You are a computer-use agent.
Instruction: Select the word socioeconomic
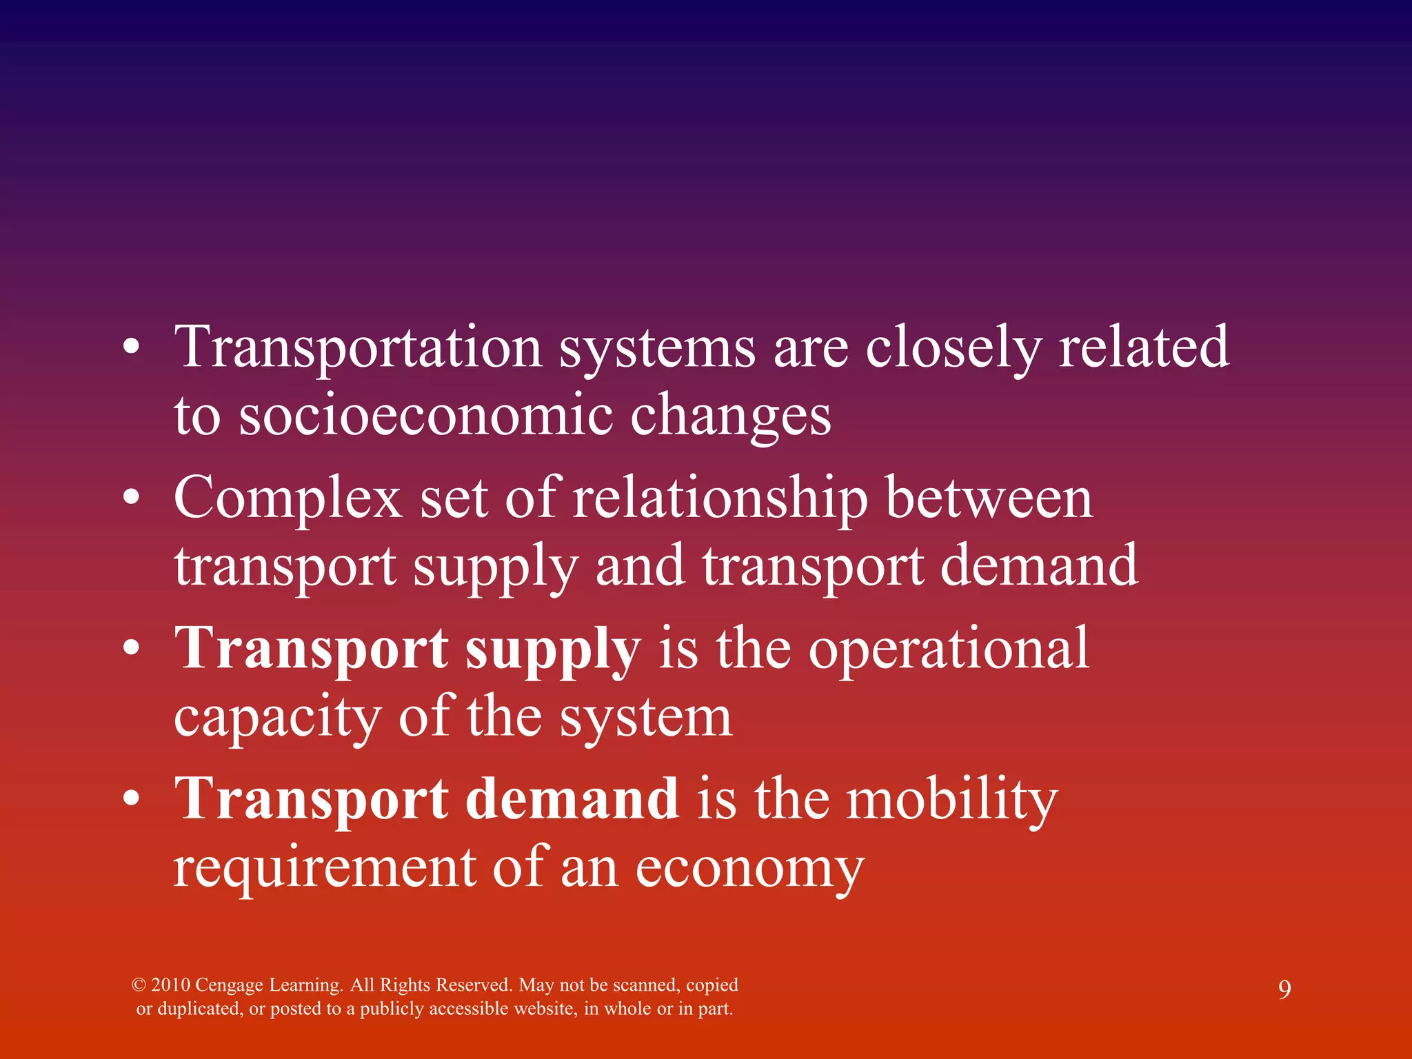(425, 416)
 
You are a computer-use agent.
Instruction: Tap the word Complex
(288, 498)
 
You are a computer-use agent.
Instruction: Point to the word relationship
(720, 498)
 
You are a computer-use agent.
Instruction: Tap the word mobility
(951, 800)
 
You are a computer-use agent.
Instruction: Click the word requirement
(324, 868)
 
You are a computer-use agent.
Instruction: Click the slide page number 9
(1284, 990)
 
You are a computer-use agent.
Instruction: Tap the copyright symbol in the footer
(139, 985)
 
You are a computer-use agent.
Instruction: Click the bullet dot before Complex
(132, 498)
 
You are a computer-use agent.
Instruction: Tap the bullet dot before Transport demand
(132, 799)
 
